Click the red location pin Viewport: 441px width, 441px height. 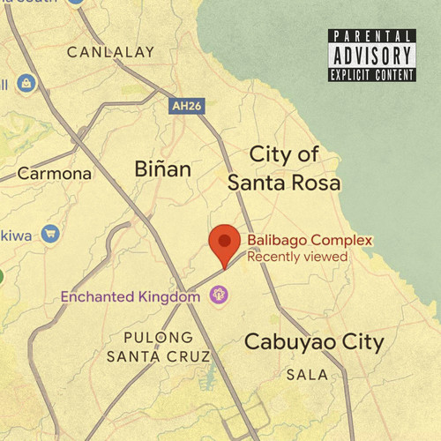pos(224,243)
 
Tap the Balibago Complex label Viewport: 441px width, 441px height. pos(309,240)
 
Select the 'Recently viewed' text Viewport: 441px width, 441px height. pos(297,257)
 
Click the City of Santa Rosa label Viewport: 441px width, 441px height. pos(284,168)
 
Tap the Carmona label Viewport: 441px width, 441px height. pos(55,174)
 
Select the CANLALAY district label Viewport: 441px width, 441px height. pos(110,52)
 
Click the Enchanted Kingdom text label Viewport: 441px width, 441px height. pos(131,297)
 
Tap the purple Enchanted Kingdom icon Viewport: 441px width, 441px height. pos(220,298)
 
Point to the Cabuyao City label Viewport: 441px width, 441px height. pos(314,342)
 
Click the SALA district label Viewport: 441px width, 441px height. pos(307,375)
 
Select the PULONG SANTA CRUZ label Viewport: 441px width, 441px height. pos(159,347)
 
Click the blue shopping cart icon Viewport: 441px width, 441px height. pos(50,234)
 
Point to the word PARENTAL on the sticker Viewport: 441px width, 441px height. pos(371,36)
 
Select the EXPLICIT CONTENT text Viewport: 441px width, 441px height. pos(371,75)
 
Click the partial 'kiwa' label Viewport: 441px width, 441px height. pos(15,235)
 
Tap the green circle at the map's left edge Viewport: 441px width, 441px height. pos(1,277)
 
